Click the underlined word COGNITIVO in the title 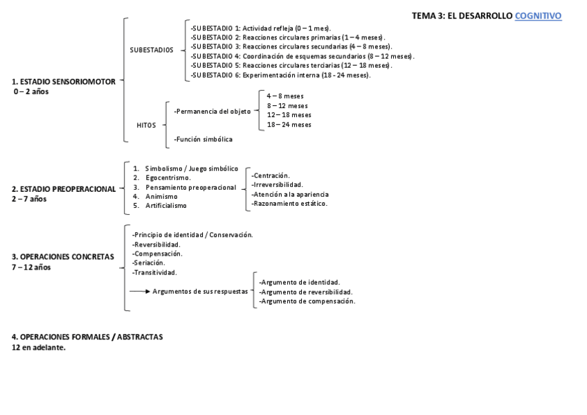point(538,16)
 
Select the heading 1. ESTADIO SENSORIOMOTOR point(64,81)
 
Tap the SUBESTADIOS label point(152,50)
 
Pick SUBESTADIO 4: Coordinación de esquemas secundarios point(302,56)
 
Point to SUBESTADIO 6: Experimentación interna point(280,75)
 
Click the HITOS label point(146,125)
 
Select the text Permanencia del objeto point(213,111)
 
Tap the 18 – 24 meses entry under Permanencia point(289,125)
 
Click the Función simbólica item point(204,139)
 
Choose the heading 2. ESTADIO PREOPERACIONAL point(64,189)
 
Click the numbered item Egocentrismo point(168,178)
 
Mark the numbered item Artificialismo point(166,206)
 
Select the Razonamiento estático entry point(289,204)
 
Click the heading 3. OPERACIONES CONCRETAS point(63,257)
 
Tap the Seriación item point(149,263)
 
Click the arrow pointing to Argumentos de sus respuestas point(139,292)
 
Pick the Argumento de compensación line point(307,301)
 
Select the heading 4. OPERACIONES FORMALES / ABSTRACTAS point(87,337)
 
